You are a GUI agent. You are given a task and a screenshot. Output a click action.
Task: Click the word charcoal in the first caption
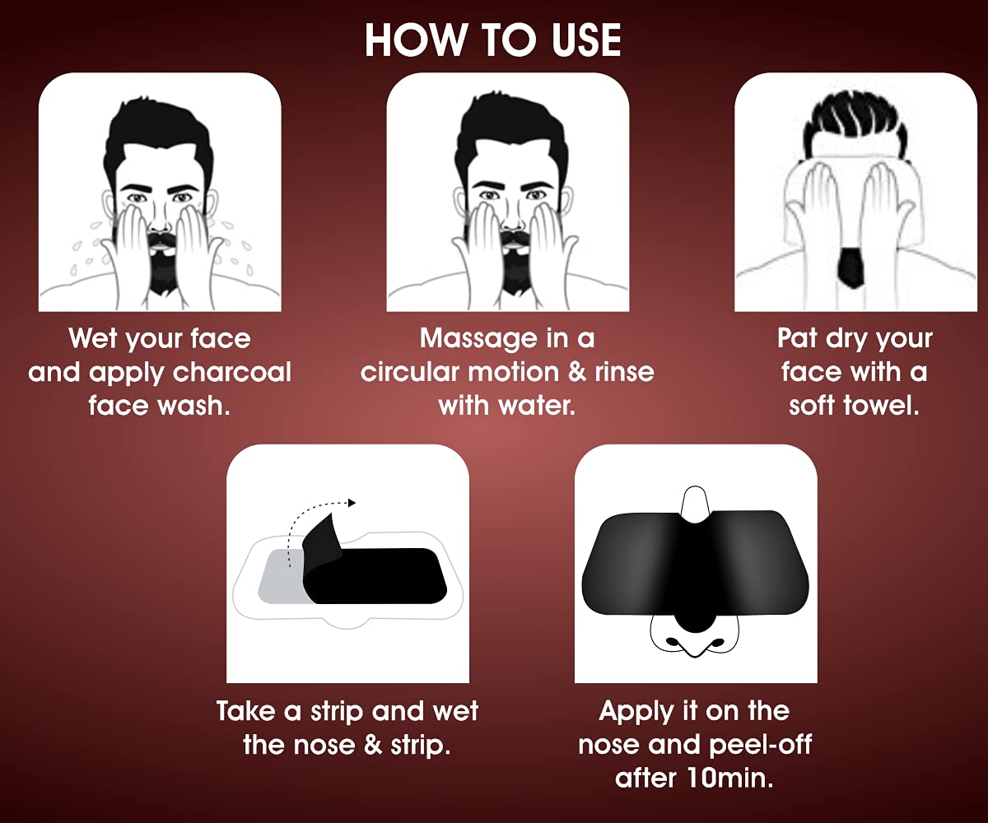coord(232,373)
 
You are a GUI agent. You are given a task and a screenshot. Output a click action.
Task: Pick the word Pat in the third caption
coord(797,338)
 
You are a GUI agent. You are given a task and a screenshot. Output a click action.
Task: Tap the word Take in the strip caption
coord(246,711)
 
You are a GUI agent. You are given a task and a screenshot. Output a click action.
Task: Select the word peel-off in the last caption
coord(761,745)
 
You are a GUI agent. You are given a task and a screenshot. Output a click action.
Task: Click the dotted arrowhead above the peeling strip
coord(351,503)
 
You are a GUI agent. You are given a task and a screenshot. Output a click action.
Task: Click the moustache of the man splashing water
coord(161,236)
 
